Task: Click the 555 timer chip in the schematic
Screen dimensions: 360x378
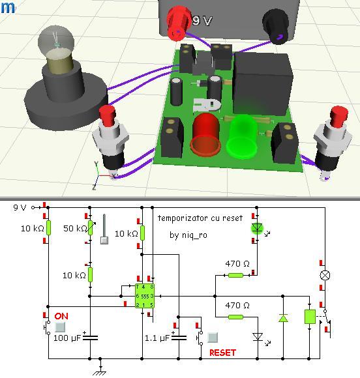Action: (x=145, y=295)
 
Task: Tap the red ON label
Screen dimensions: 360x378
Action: (x=61, y=316)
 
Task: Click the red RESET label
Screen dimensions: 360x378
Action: (x=222, y=353)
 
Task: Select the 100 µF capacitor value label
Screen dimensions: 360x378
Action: (x=67, y=338)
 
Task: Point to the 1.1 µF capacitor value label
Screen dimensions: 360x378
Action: (x=157, y=338)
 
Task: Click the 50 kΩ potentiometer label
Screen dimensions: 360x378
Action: (x=75, y=228)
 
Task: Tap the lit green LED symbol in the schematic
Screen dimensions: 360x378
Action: (x=257, y=228)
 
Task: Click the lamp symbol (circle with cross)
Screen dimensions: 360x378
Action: (x=325, y=275)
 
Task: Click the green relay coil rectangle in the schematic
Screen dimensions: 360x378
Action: (x=310, y=317)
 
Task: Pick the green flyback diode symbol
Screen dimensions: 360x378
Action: (x=283, y=318)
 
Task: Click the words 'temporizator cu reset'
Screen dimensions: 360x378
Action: (x=200, y=218)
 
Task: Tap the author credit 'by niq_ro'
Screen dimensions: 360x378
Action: (x=188, y=235)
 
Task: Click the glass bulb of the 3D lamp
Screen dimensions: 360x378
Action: (x=55, y=40)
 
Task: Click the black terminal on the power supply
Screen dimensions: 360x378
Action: (x=276, y=27)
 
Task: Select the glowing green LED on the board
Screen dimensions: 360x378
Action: (x=242, y=138)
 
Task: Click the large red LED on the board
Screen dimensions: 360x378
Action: (x=205, y=135)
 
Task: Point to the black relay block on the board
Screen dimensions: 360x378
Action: (x=263, y=83)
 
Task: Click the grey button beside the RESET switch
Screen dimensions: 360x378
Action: (x=213, y=338)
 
